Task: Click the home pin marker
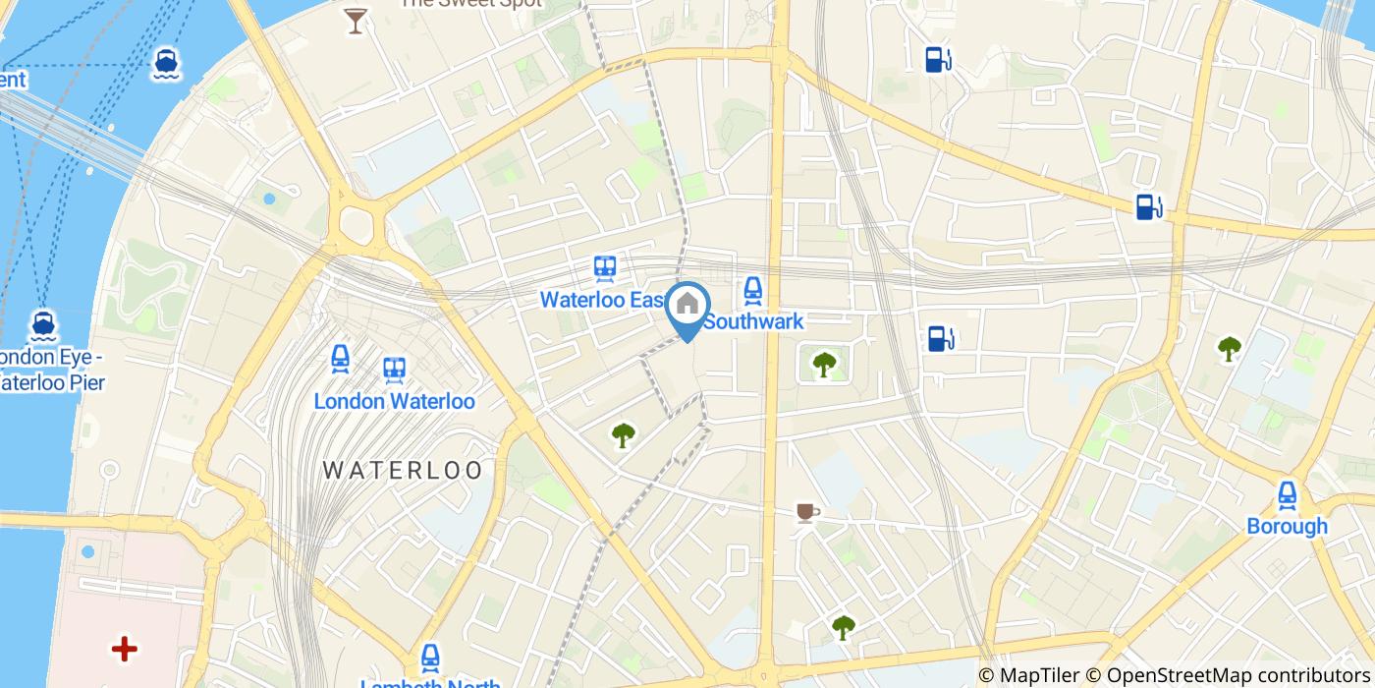(687, 305)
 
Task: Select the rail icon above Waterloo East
(604, 267)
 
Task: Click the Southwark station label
(753, 321)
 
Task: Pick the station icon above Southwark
(752, 289)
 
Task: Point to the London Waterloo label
(394, 401)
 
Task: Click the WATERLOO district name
(403, 470)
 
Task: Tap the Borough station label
(1287, 526)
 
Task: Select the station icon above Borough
(1287, 494)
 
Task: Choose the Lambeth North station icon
(429, 658)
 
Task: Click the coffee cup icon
(806, 512)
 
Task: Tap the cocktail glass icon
(355, 20)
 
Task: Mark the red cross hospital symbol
(124, 649)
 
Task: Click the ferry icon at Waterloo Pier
(41, 324)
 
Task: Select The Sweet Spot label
(469, 4)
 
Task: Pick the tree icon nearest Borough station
(1229, 348)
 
